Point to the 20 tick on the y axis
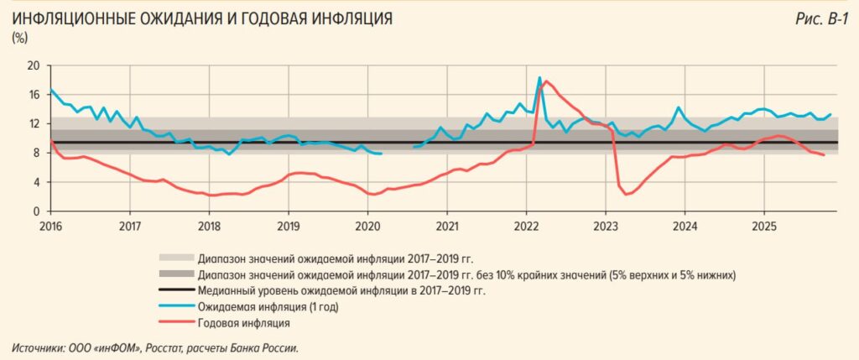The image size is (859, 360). [34, 65]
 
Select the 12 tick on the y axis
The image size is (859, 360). [34, 123]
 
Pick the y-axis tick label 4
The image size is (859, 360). [36, 182]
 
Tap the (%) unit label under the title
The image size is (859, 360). [20, 38]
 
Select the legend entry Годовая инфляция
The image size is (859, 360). [243, 322]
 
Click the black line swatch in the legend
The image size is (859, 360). [174, 290]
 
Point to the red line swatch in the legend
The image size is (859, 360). [174, 322]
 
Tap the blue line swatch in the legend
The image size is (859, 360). [174, 306]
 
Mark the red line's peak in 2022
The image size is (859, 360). [546, 81]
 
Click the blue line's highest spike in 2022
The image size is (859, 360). [539, 77]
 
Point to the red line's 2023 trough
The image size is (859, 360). [627, 195]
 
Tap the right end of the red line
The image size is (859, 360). [824, 155]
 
